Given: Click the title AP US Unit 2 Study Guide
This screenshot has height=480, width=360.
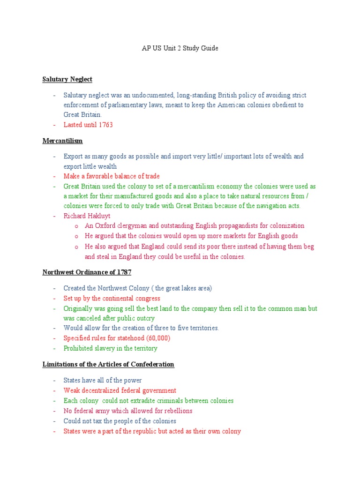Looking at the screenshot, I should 180,48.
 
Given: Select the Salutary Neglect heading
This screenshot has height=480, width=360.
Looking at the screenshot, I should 67,79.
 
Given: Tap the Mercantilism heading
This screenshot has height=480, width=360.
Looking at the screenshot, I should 62,140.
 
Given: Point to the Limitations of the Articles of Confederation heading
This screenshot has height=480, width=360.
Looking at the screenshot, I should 108,364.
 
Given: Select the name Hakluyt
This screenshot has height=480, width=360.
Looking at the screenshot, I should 98,216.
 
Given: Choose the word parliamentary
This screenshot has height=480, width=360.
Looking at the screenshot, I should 120,105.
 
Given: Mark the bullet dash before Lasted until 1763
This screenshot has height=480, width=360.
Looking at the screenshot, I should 54,125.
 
